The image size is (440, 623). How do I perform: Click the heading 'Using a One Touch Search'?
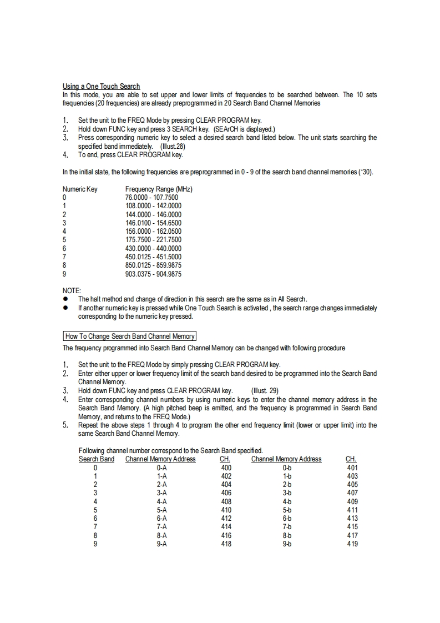[x=101, y=86]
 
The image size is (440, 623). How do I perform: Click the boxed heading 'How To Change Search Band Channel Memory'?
[x=130, y=336]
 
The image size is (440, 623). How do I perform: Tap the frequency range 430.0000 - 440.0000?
[x=153, y=248]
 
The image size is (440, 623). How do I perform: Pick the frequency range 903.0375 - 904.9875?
[x=153, y=274]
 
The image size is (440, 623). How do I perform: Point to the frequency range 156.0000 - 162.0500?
[x=153, y=231]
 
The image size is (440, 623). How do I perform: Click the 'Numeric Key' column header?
[x=80, y=189]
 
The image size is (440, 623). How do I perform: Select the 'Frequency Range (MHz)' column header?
[x=159, y=189]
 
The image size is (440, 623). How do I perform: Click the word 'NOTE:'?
[x=72, y=290]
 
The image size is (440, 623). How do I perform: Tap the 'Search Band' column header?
[x=97, y=459]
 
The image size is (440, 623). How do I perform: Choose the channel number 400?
[x=226, y=468]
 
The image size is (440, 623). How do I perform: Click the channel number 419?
[x=352, y=544]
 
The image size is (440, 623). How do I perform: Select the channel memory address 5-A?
[x=162, y=510]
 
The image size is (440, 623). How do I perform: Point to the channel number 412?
[x=226, y=518]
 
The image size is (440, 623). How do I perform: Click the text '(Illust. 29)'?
[x=267, y=390]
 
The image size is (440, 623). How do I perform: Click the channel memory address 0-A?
[x=162, y=468]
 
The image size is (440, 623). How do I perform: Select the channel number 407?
[x=352, y=493]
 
